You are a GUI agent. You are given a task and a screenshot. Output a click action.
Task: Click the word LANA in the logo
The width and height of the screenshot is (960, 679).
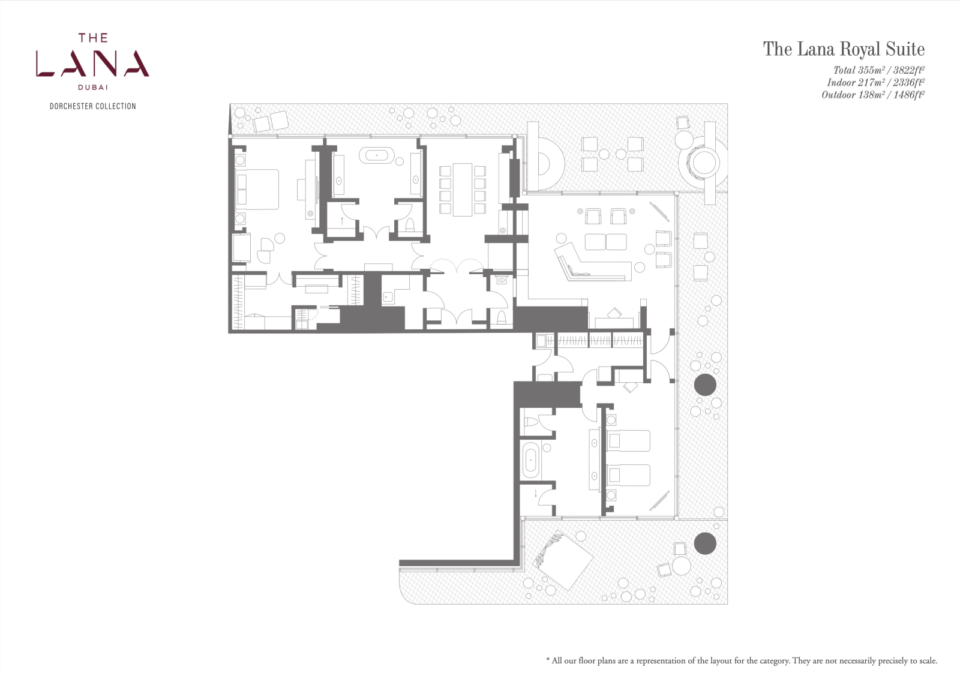pyautogui.click(x=92, y=64)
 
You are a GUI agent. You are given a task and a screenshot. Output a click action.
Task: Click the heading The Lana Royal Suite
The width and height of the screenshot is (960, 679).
pyautogui.click(x=844, y=49)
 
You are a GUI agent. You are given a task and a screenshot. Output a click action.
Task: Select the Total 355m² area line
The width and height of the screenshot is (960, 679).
pyautogui.click(x=878, y=70)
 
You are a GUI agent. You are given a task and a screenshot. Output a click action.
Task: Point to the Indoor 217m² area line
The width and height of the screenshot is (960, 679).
pyautogui.click(x=875, y=82)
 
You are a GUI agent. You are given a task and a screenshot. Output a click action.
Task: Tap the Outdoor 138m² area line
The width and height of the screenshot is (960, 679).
pyautogui.click(x=873, y=95)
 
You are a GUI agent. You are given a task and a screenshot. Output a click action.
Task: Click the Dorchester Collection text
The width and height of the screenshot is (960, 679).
pyautogui.click(x=92, y=106)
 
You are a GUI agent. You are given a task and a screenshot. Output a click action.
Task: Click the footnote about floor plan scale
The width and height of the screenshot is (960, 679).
pyautogui.click(x=742, y=660)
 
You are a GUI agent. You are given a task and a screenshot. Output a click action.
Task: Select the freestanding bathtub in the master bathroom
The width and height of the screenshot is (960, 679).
pyautogui.click(x=377, y=155)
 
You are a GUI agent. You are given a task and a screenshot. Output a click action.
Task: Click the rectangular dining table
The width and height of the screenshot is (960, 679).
pyautogui.click(x=463, y=190)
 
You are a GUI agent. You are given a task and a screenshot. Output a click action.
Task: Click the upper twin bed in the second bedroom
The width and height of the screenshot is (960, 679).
pyautogui.click(x=628, y=440)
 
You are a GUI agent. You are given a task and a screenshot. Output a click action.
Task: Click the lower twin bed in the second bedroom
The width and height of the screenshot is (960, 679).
pyautogui.click(x=628, y=475)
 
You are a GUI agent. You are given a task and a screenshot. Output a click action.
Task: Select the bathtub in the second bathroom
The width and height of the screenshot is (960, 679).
pyautogui.click(x=530, y=461)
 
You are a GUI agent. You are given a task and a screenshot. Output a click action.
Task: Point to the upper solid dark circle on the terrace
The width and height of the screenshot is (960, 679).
pyautogui.click(x=705, y=384)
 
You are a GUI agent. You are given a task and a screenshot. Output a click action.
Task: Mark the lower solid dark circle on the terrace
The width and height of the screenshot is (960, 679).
pyautogui.click(x=705, y=543)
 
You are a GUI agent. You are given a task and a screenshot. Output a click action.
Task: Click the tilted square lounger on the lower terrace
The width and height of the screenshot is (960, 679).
pyautogui.click(x=563, y=560)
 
